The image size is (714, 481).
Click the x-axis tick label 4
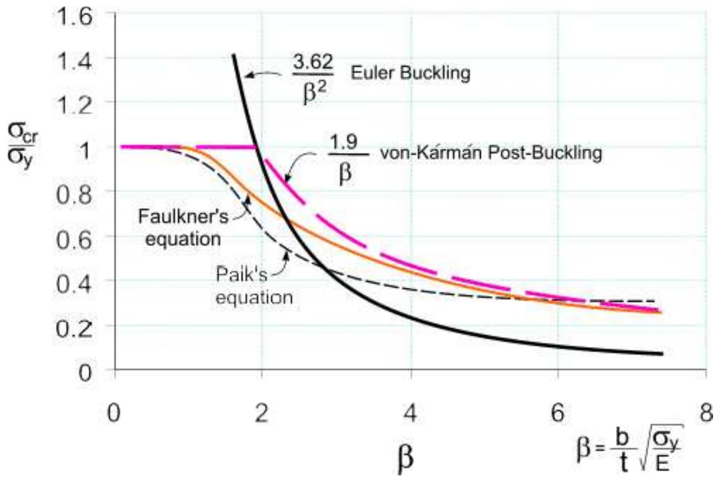[410, 414]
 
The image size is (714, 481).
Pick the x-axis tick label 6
[557, 414]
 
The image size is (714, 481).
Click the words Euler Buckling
[410, 73]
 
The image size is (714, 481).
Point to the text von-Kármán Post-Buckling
[491, 152]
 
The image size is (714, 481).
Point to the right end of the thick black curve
[661, 354]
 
